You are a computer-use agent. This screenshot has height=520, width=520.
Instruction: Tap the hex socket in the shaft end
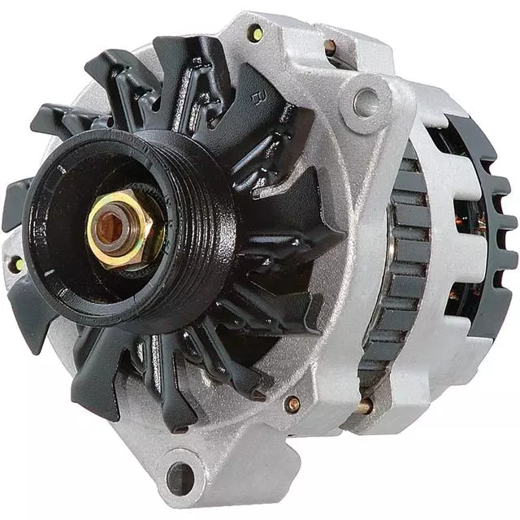coord(110,227)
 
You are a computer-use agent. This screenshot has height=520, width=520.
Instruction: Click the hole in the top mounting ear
coord(366,102)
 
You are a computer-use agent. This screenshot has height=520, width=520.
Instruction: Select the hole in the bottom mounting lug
coord(180,478)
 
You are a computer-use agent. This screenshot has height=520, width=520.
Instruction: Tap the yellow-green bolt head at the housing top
coord(256,33)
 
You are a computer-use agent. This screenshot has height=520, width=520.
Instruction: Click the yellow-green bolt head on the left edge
coord(15,264)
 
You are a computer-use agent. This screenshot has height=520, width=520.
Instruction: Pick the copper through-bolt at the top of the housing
coord(330,47)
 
